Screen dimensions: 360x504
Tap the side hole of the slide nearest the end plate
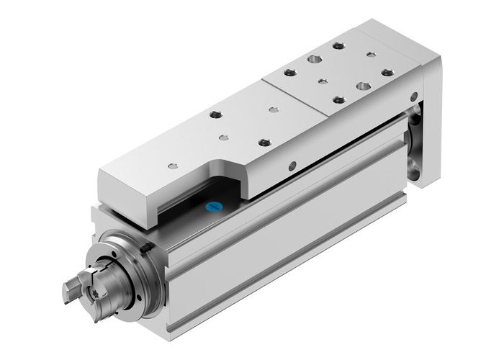coord(413,96)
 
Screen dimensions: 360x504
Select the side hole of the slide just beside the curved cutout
coord(291,166)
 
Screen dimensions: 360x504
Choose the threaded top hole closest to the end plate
coord(387,72)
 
